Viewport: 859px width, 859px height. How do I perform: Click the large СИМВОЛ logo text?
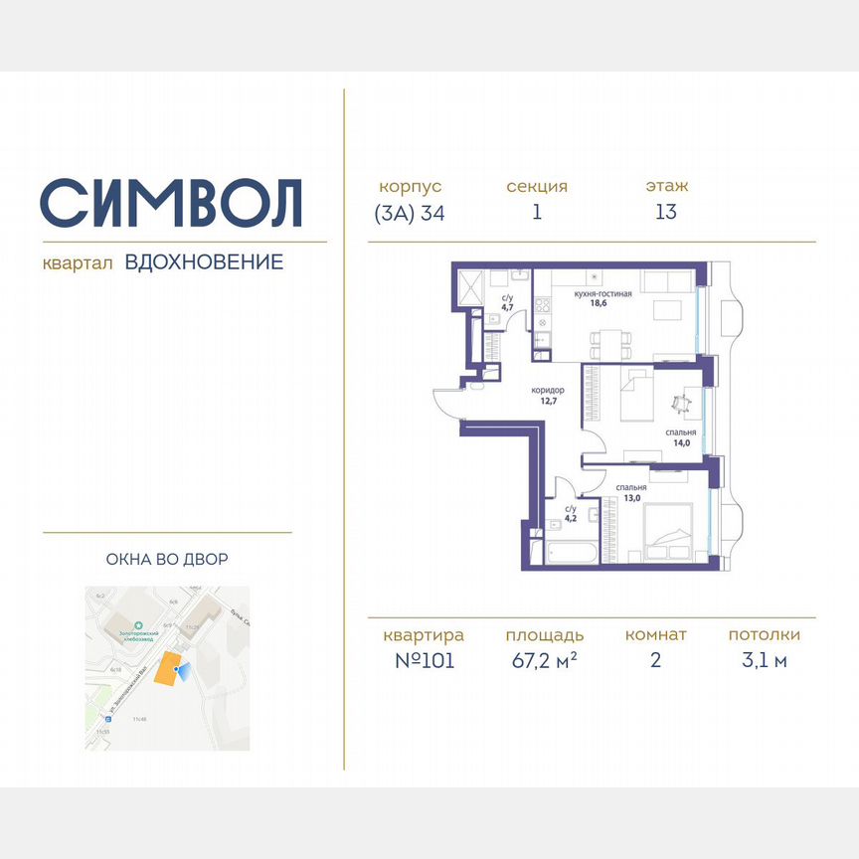[x=171, y=202]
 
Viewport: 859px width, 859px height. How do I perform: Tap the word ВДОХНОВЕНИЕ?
[x=204, y=262]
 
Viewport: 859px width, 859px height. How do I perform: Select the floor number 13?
[x=665, y=212]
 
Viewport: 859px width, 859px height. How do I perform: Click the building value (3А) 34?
[x=410, y=212]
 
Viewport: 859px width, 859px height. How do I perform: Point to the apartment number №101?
[x=423, y=661]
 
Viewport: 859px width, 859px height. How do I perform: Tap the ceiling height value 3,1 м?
[x=764, y=661]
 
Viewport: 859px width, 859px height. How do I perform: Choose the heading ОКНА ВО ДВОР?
[x=167, y=560]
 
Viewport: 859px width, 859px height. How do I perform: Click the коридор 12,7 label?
[x=548, y=396]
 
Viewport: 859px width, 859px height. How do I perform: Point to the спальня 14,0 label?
[x=680, y=438]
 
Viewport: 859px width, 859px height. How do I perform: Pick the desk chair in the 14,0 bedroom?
[x=680, y=404]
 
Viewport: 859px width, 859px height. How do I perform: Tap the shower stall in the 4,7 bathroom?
[x=470, y=288]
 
